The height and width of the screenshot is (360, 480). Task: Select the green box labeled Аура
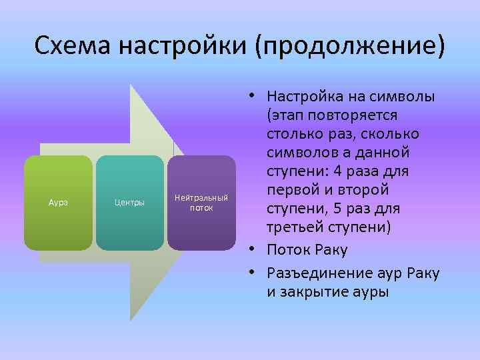58,203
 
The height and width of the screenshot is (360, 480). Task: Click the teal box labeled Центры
129,203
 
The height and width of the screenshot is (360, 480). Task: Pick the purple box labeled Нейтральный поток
201,203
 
